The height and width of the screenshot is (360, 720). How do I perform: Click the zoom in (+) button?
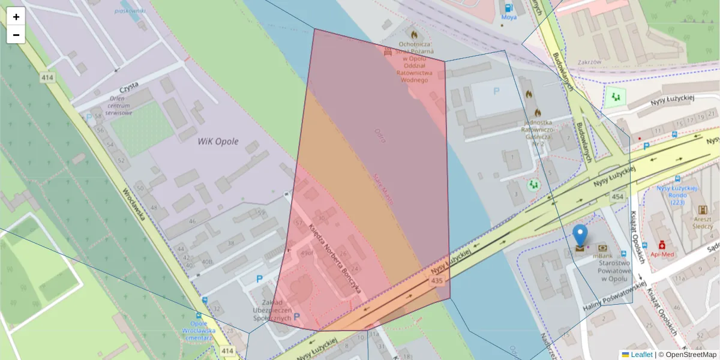click(16, 17)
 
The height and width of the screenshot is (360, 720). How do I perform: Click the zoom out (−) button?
click(16, 35)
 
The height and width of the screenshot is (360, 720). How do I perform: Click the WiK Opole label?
click(218, 142)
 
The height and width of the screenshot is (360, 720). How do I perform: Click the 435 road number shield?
click(437, 280)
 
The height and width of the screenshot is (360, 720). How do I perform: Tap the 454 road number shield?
click(617, 197)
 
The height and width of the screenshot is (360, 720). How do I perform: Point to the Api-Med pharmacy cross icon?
click(662, 245)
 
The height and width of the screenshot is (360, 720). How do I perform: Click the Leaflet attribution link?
click(641, 355)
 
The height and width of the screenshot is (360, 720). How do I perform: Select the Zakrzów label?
click(589, 62)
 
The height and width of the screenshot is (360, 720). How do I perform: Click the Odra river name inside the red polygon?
click(380, 135)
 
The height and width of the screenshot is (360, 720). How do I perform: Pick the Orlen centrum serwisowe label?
click(118, 106)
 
